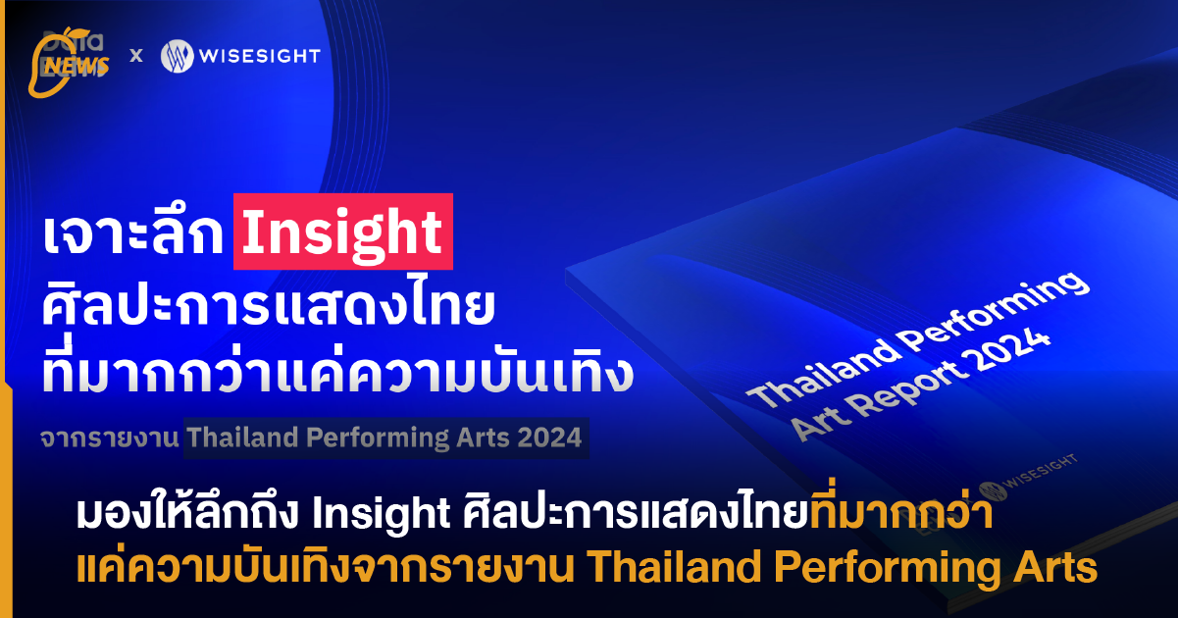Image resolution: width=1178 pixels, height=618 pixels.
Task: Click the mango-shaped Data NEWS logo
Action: point(69,63)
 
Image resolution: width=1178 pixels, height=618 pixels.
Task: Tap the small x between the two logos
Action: point(136,56)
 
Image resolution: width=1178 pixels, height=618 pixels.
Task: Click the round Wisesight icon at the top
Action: point(178,56)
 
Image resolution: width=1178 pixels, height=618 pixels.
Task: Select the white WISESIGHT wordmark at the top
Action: point(260,56)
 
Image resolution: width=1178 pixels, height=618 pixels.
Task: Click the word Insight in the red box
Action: point(342,232)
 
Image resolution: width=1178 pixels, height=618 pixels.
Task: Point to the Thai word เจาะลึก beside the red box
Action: point(133,234)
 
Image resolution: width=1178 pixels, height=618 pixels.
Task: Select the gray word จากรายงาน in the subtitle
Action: point(110,438)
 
